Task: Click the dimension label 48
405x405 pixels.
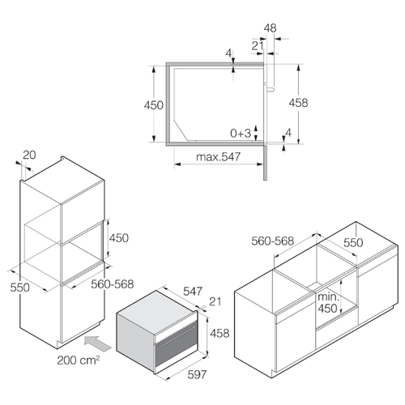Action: coord(270,28)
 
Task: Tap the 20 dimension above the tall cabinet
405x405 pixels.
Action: coord(29,156)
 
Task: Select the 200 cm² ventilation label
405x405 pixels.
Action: coord(79,360)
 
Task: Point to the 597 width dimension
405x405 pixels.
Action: coord(197,374)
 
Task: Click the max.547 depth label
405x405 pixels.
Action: coord(218,156)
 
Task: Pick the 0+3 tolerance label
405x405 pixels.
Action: coord(241,133)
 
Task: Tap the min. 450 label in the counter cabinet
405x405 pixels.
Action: coord(327,303)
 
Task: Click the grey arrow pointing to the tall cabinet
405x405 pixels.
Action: coord(97,343)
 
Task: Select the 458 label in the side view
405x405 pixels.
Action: coord(298,103)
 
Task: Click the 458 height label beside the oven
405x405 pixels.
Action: coord(220,333)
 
